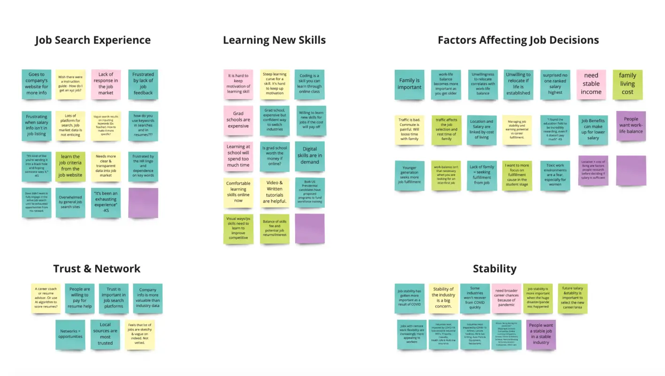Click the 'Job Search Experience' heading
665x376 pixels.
tap(93, 40)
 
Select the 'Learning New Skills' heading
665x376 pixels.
tap(274, 40)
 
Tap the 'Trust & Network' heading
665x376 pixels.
tap(97, 268)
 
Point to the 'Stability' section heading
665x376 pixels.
tap(495, 268)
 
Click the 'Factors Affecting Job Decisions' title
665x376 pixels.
tap(518, 40)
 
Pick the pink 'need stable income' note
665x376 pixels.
tap(591, 84)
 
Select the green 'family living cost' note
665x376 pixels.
tap(627, 84)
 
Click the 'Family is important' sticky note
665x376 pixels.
tap(409, 84)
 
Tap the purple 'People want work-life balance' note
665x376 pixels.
tap(631, 125)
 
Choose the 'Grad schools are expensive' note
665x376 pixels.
tap(238, 120)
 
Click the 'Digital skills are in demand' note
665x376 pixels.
tap(309, 156)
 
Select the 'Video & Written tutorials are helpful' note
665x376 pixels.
tap(275, 192)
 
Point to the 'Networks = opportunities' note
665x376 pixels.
tap(70, 334)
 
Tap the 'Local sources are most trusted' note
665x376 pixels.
tap(105, 334)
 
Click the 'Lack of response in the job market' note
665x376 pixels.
tap(106, 84)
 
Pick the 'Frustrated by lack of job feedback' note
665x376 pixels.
tap(143, 84)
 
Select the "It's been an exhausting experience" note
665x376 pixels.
tap(106, 202)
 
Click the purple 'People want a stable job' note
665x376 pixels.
tap(541, 334)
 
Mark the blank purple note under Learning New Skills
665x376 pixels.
tap(310, 228)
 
